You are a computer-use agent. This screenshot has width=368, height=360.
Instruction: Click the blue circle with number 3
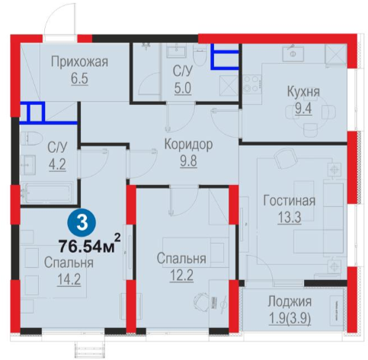pyautogui.click(x=82, y=223)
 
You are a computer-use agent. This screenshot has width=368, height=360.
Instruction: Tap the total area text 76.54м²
pyautogui.click(x=89, y=244)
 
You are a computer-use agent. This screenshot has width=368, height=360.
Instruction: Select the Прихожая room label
pyautogui.click(x=79, y=62)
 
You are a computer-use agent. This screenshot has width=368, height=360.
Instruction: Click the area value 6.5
pyautogui.click(x=79, y=78)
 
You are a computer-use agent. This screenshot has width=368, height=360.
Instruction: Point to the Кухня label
pyautogui.click(x=303, y=92)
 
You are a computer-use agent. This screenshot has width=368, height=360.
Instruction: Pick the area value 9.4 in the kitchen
pyautogui.click(x=303, y=110)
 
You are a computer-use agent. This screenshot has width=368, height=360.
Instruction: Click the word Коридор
pyautogui.click(x=188, y=145)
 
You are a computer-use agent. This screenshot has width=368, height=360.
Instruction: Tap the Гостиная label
pyautogui.click(x=290, y=201)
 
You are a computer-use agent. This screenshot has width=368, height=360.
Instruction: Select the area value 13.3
pyautogui.click(x=290, y=218)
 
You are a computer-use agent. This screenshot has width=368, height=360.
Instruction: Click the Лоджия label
pyautogui.click(x=290, y=301)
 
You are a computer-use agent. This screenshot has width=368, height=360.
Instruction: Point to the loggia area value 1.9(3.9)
pyautogui.click(x=290, y=318)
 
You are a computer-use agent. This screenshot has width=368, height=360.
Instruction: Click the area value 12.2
pyautogui.click(x=181, y=276)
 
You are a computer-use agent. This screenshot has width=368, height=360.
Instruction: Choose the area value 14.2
pyautogui.click(x=69, y=280)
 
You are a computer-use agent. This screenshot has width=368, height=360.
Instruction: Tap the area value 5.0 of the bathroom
pyautogui.click(x=183, y=88)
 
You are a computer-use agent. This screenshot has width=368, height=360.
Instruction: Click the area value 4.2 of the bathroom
pyautogui.click(x=57, y=164)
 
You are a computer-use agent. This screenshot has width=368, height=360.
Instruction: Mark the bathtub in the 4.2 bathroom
pyautogui.click(x=47, y=193)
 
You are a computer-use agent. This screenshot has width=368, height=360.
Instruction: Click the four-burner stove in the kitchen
pyautogui.click(x=252, y=83)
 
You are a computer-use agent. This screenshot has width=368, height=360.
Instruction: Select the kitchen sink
pyautogui.click(x=294, y=53)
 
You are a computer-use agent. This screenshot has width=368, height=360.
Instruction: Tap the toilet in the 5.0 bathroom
pyautogui.click(x=200, y=56)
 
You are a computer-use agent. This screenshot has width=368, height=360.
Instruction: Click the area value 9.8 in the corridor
pyautogui.click(x=188, y=161)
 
